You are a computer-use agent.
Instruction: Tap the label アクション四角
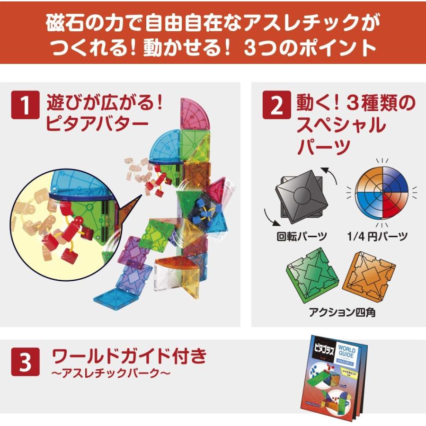point(342,312)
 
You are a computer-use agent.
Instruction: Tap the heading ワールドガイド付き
point(129,356)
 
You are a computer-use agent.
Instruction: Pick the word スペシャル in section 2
point(340,125)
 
